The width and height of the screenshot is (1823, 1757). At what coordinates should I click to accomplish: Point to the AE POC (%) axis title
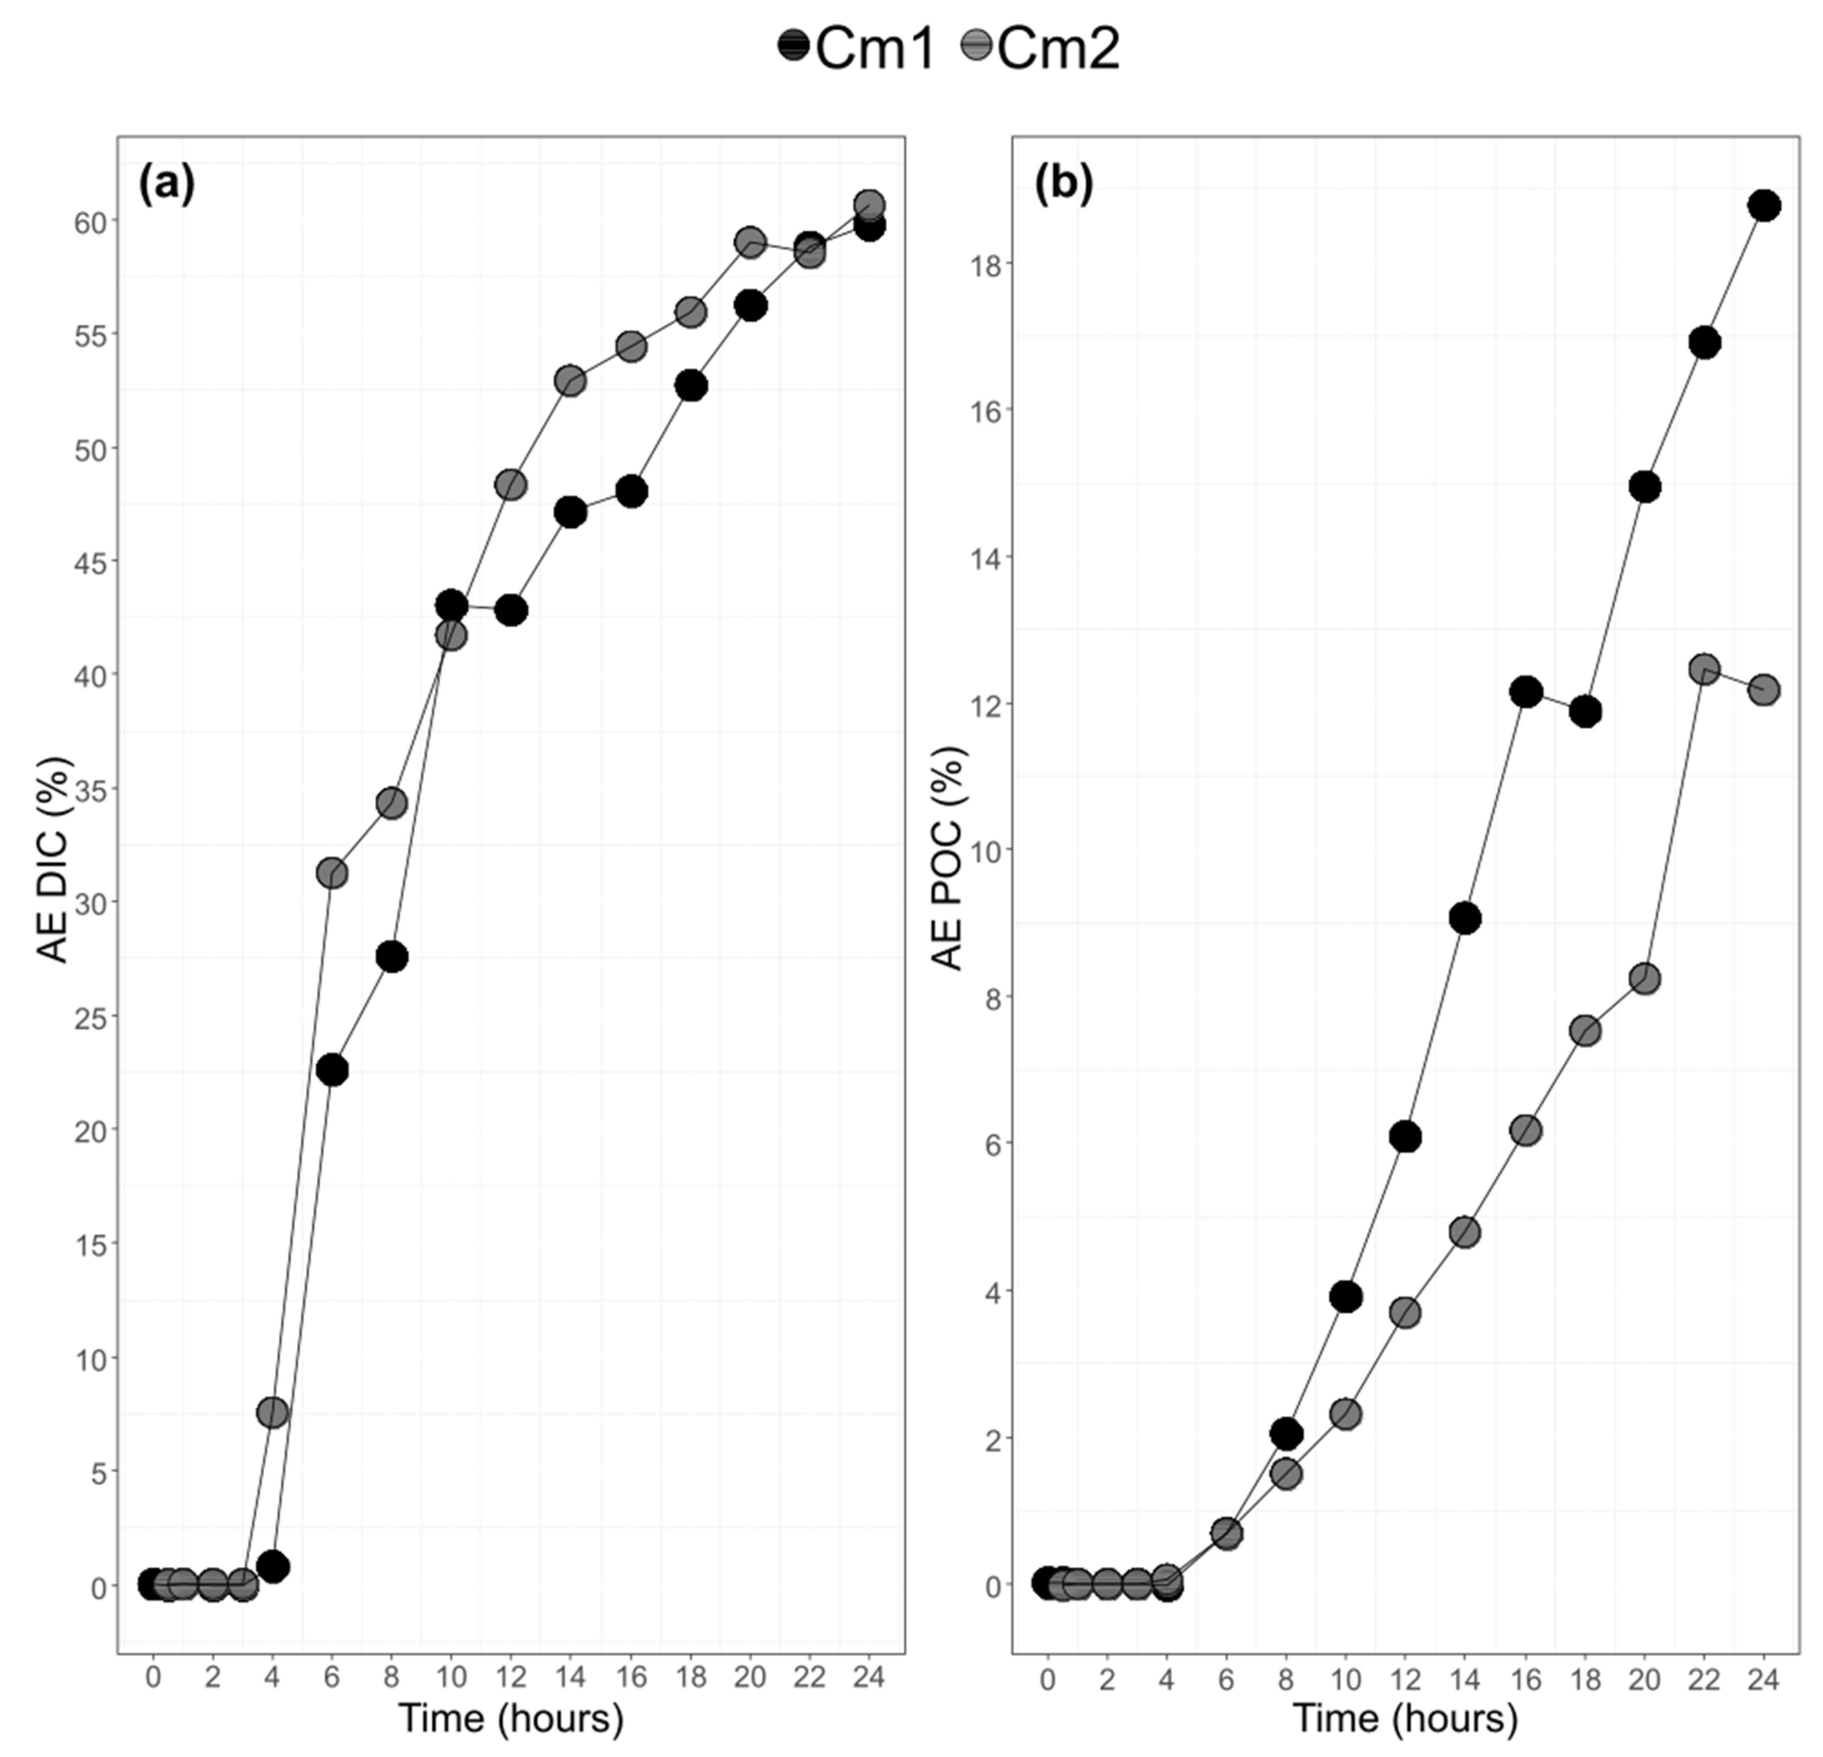click(949, 860)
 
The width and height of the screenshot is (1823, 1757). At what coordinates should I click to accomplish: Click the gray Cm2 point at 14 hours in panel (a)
click(570, 381)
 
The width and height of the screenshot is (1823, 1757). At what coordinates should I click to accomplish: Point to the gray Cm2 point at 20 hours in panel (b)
click(1644, 979)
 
